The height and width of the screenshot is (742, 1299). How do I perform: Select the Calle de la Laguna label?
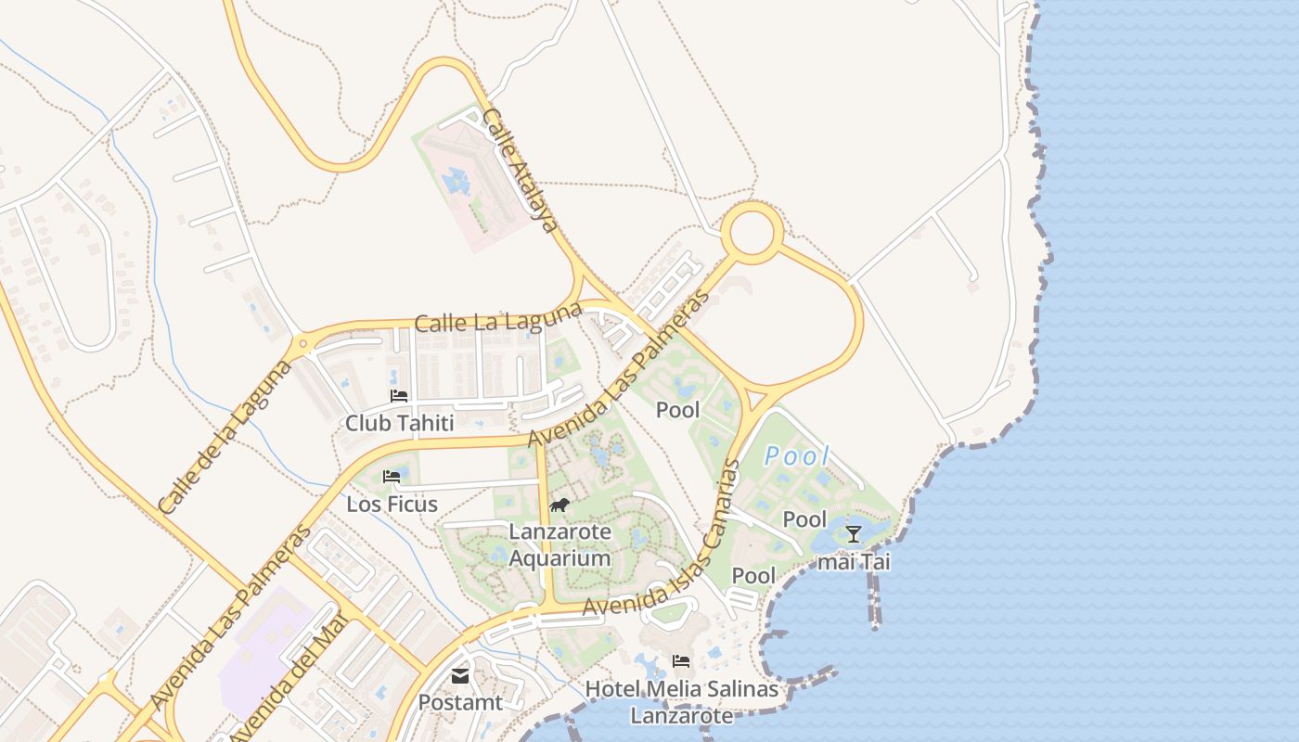pyautogui.click(x=225, y=438)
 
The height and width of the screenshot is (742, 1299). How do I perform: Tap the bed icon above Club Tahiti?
pyautogui.click(x=400, y=395)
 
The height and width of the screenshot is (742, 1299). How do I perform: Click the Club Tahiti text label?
pyautogui.click(x=400, y=424)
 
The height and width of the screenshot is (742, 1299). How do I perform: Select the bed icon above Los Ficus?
pyautogui.click(x=392, y=477)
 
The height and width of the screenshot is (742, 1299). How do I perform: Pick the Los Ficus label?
pyautogui.click(x=392, y=505)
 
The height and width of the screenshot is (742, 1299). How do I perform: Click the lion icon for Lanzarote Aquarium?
pyautogui.click(x=559, y=505)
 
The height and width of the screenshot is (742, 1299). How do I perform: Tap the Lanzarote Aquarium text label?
pyautogui.click(x=559, y=545)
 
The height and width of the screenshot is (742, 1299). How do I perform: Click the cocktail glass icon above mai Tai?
pyautogui.click(x=854, y=534)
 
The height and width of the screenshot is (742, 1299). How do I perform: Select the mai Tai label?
pyautogui.click(x=854, y=562)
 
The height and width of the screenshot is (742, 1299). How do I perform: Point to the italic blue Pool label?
pyautogui.click(x=797, y=456)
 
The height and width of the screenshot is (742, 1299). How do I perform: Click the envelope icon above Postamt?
pyautogui.click(x=460, y=676)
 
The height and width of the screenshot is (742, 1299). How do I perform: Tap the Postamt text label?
pyautogui.click(x=460, y=703)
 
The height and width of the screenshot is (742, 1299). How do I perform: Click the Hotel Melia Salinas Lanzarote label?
pyautogui.click(x=682, y=702)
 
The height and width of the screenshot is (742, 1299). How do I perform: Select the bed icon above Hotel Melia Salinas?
pyautogui.click(x=682, y=661)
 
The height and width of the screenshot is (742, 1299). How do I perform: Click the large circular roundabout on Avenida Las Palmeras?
pyautogui.click(x=752, y=233)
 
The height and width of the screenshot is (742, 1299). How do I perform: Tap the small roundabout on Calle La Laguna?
pyautogui.click(x=302, y=345)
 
